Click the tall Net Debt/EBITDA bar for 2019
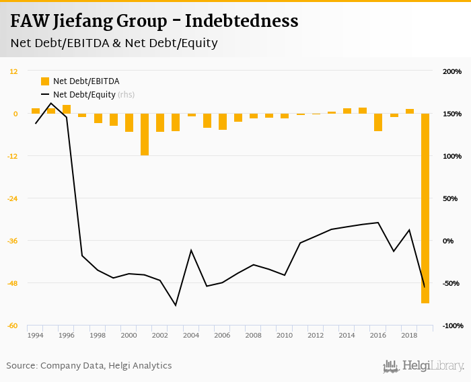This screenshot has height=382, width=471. tap(425, 208)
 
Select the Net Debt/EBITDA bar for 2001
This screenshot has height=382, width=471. tap(145, 135)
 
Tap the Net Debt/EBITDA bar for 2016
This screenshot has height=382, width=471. tap(378, 122)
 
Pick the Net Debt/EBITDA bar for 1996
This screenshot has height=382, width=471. tap(67, 109)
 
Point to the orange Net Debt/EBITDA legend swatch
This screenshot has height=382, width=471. tap(45, 81)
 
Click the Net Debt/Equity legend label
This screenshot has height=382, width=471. tap(84, 95)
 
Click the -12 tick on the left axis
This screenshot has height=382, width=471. tap(13, 156)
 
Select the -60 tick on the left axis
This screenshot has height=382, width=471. tap(13, 326)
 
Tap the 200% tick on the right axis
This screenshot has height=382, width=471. tap(452, 71)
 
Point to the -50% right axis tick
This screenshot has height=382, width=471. tap(452, 283)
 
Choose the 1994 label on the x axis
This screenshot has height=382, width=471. tap(36, 336)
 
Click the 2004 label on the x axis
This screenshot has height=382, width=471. tap(191, 336)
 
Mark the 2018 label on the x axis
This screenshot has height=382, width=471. tap(408, 336)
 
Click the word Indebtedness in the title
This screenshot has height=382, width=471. tap(242, 22)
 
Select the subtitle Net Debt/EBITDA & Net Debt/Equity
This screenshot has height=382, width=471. tap(114, 44)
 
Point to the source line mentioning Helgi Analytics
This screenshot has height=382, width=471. tap(89, 366)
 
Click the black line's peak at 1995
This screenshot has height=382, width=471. tap(51, 103)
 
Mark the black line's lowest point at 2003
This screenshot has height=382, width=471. tap(176, 305)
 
